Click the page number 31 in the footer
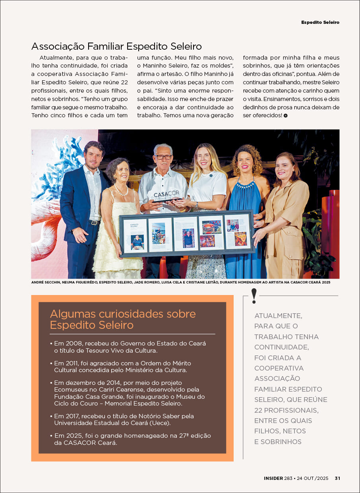[337, 478]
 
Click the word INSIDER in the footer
[273, 478]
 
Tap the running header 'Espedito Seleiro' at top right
[320, 22]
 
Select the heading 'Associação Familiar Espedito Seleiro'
[116, 46]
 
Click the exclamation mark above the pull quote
[254, 295]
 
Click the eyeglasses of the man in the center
[164, 157]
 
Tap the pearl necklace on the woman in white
[121, 190]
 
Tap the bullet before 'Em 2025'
[51, 436]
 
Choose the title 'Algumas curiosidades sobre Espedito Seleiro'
[123, 319]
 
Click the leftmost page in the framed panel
[135, 236]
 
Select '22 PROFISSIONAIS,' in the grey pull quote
[286, 410]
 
